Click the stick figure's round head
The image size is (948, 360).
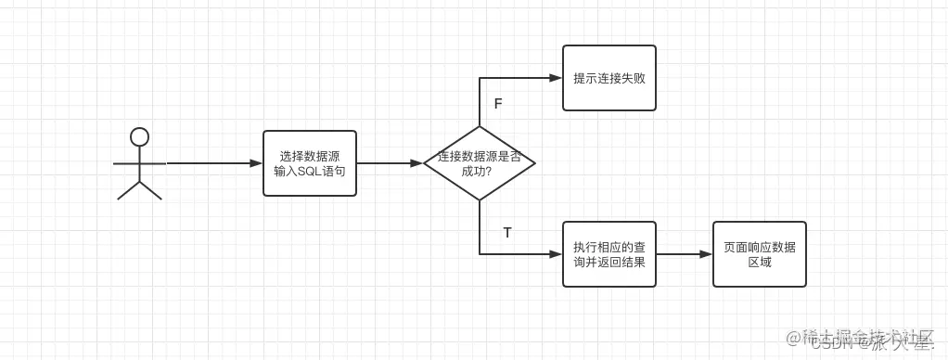(139, 137)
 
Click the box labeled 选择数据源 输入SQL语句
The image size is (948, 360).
(310, 163)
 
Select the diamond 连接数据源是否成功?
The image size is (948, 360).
(479, 163)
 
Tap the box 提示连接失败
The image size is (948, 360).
(609, 78)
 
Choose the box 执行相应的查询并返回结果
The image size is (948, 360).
(609, 254)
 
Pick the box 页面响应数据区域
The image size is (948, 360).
(759, 254)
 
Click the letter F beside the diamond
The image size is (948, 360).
(498, 104)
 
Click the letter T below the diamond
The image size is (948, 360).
(506, 233)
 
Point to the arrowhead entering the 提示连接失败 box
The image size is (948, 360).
(557, 78)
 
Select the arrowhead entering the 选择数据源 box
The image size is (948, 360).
(257, 163)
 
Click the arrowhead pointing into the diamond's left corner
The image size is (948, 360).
(417, 163)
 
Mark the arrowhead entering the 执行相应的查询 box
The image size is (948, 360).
(557, 254)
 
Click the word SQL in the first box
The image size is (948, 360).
(308, 172)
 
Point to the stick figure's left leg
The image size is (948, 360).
(128, 190)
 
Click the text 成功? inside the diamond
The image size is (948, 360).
(479, 172)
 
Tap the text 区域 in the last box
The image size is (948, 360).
(759, 263)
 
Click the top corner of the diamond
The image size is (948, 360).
(480, 127)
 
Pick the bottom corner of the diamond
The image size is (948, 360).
(480, 199)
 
